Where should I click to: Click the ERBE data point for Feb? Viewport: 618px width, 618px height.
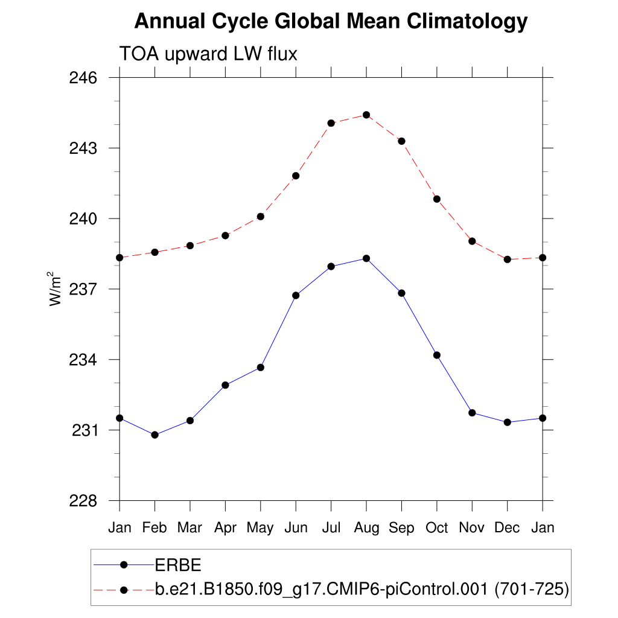click(155, 435)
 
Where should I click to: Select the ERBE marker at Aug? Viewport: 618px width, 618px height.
click(366, 258)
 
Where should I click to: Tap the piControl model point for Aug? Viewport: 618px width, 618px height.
click(366, 115)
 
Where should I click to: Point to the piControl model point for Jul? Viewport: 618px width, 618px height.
click(331, 123)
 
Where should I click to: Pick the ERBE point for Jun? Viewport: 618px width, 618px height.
click(296, 295)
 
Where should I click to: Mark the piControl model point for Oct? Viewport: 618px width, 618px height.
click(437, 199)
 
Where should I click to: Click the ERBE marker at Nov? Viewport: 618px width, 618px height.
click(472, 413)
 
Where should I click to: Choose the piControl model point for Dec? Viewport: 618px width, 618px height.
click(508, 260)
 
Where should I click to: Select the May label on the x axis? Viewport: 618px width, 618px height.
click(260, 528)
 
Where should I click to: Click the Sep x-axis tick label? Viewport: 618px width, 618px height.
click(401, 528)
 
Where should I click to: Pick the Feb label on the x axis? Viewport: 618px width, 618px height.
click(154, 528)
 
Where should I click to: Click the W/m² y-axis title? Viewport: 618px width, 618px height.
click(56, 289)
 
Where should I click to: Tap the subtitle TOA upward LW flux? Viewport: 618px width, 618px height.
click(208, 54)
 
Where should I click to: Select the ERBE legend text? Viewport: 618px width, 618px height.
click(178, 565)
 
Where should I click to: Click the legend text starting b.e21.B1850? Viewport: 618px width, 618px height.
click(362, 590)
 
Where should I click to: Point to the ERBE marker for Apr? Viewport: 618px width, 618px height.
click(225, 385)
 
